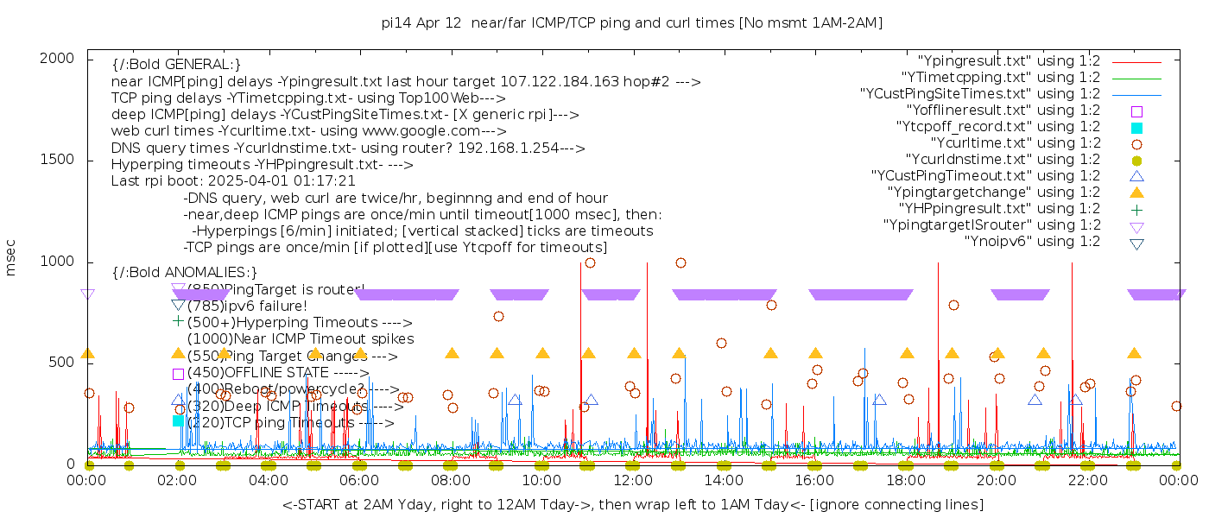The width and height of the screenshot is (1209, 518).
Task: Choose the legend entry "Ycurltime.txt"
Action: coord(1015,143)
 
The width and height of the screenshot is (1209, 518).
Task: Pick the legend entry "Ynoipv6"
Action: coord(1032,242)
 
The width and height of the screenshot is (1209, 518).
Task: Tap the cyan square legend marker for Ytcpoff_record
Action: coord(1136,127)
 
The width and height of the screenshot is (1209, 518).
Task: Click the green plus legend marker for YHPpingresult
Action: coord(1136,209)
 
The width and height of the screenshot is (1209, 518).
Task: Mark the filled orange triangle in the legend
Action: coord(1136,193)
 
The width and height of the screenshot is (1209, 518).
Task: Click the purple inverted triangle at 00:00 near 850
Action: coord(87,294)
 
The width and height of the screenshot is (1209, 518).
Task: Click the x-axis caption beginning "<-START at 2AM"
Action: coord(632,504)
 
